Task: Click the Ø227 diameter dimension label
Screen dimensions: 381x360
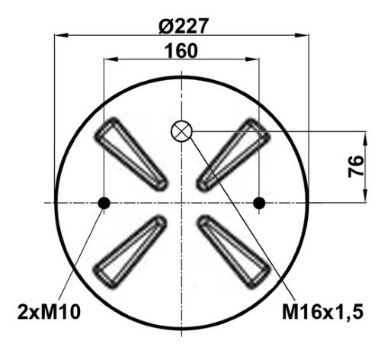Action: [x=184, y=26]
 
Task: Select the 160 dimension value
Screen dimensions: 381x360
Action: [x=181, y=50]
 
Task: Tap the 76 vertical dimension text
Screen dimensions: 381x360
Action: [x=356, y=166]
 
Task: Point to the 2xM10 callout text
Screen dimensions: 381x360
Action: [x=49, y=312]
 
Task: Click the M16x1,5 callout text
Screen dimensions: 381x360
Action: [x=323, y=312]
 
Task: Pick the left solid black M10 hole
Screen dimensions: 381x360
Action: [x=104, y=203]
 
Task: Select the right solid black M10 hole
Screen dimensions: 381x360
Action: [x=259, y=203]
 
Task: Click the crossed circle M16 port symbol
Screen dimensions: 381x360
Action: [x=181, y=131]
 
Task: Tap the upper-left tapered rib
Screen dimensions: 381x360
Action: [x=131, y=154]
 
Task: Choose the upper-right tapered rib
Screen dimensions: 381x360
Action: [x=233, y=155]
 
